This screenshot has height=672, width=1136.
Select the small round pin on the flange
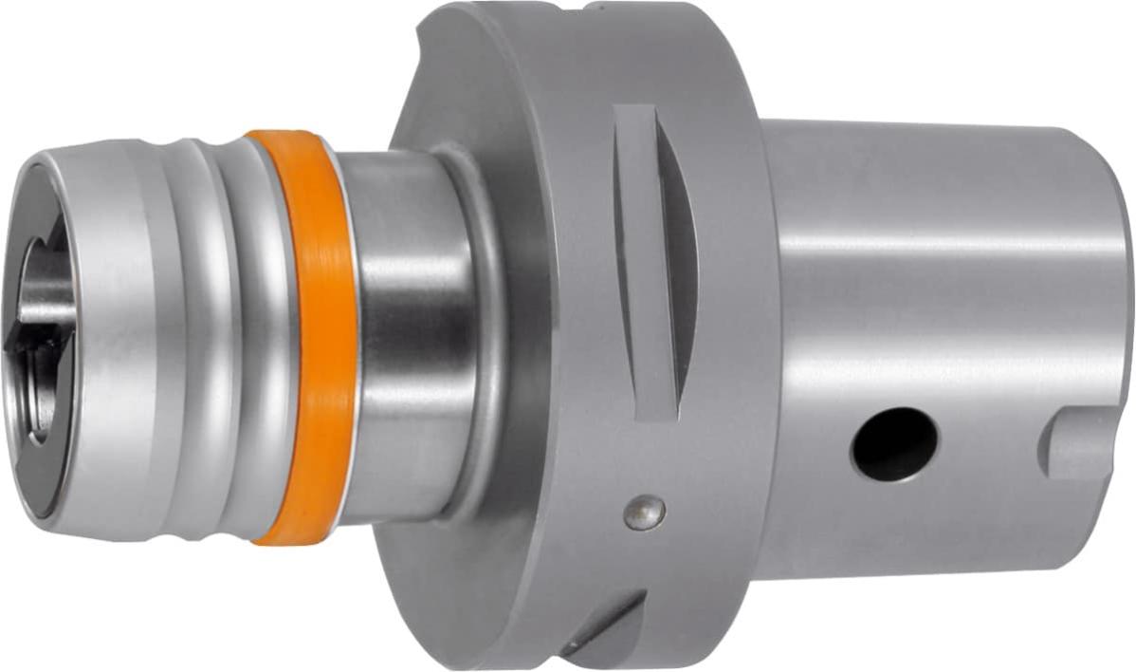pos(644,513)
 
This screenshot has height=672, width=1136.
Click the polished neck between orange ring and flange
pos(408,332)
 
